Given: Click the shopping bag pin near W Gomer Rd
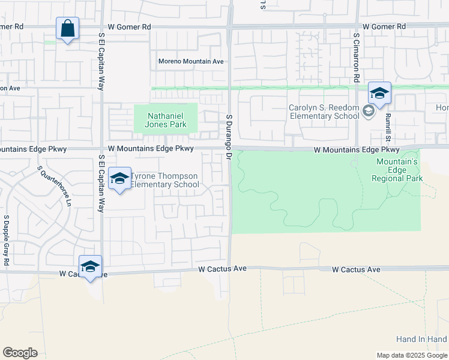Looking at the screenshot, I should point(68,28).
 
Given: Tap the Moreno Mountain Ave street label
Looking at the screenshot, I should point(191,61).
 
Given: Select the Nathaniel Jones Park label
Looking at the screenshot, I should point(164,119).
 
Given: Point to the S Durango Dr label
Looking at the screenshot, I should point(229,137).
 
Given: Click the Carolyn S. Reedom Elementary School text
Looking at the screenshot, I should point(324,112).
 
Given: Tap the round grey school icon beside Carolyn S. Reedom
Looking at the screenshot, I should point(368,110).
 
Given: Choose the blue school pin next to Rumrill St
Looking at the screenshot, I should point(379,94).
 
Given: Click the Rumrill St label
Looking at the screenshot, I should point(388,125).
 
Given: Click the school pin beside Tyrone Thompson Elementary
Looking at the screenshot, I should point(120,179).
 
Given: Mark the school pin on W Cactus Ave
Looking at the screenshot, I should point(90,267).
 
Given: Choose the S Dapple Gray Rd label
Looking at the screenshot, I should point(6,240).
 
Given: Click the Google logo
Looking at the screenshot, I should point(20,353).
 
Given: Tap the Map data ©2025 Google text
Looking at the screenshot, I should point(412,355).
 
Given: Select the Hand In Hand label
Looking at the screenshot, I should point(421,339).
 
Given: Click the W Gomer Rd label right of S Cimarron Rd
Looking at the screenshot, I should point(384,26).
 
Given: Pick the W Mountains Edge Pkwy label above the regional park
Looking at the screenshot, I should point(357,149).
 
